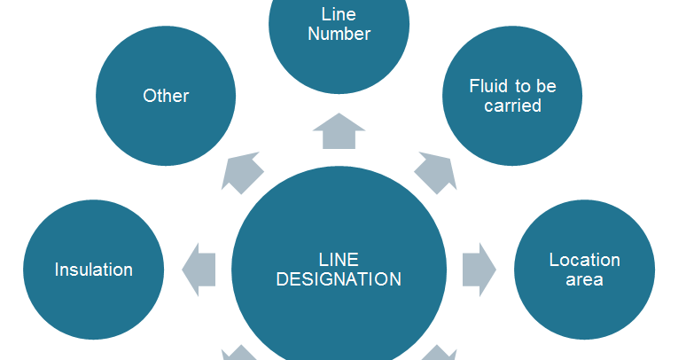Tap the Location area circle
pos(584,270)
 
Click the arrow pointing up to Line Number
pos(339,131)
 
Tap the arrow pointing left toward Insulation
pos(199,270)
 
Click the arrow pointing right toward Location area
pos(479,270)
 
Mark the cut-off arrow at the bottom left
pos(238,354)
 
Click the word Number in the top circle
pos(339,35)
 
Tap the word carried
pos(511,106)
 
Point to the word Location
pos(584,260)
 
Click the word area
pos(584,279)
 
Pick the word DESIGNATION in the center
pos(339,279)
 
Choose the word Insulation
pos(93,270)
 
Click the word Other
pos(166,96)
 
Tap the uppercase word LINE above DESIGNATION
pos(339,259)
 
